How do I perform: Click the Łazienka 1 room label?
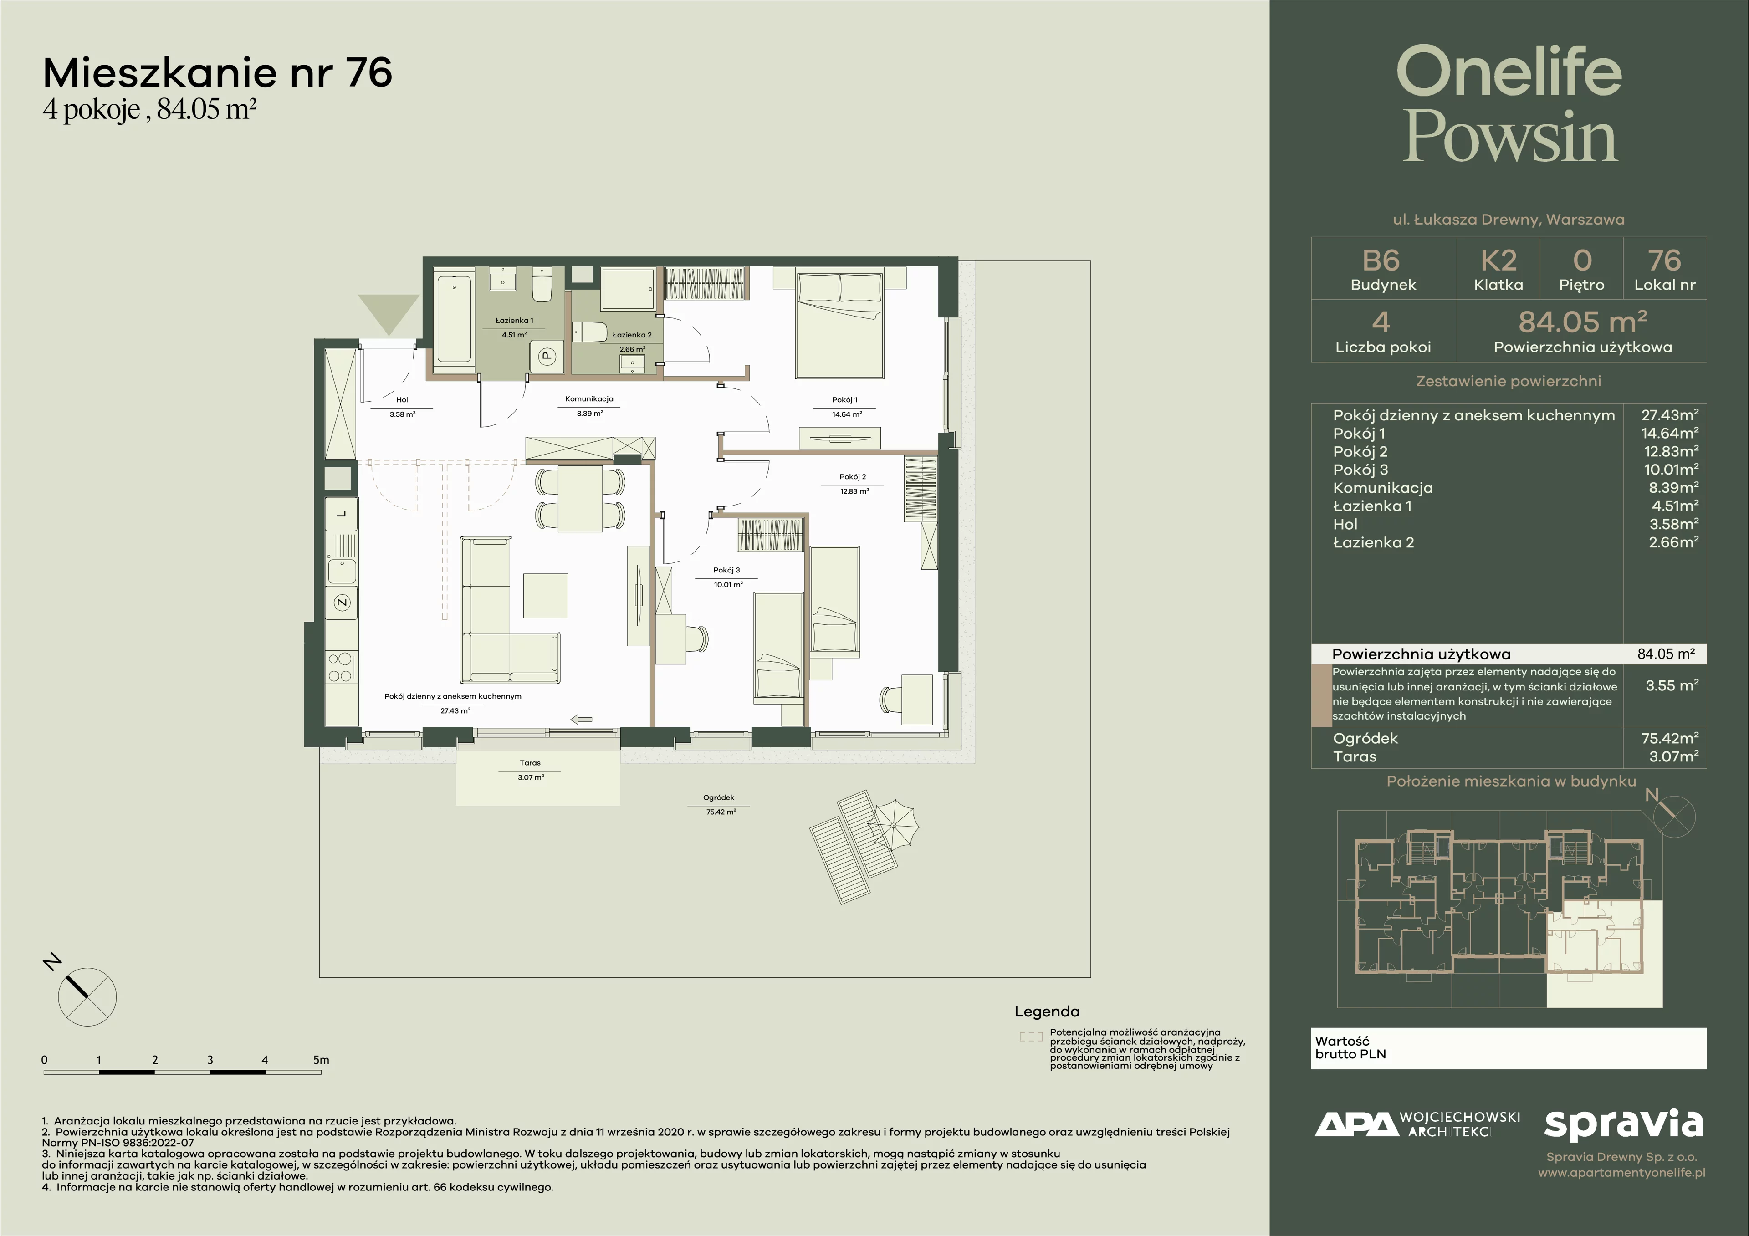[x=514, y=321]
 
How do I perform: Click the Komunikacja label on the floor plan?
[x=589, y=399]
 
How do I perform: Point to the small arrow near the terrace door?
[x=581, y=719]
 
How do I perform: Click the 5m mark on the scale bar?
[x=321, y=1059]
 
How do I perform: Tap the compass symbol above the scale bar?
[x=87, y=997]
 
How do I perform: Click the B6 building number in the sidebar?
[x=1381, y=260]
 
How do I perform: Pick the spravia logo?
[x=1623, y=1126]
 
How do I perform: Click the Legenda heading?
[x=1047, y=1012]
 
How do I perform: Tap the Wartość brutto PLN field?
[x=1508, y=1048]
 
